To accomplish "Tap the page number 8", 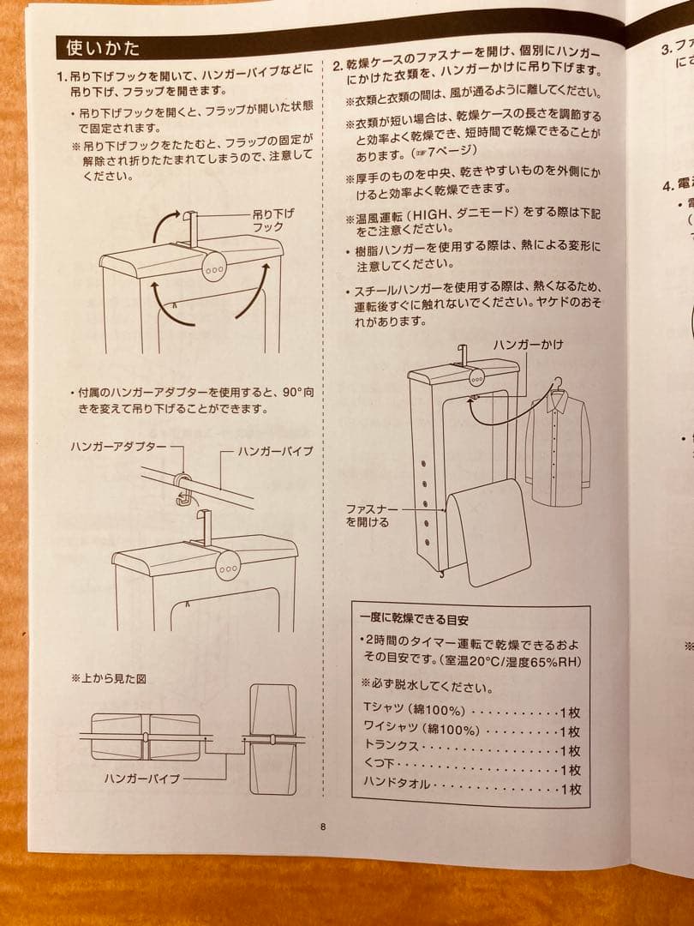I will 323,827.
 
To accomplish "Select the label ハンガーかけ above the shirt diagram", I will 529,344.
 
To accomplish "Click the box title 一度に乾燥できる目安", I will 415,619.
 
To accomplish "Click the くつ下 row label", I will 382,767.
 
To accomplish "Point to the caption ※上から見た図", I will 108,677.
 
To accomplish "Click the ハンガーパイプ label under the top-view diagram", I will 142,779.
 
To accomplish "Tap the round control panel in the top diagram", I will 215,267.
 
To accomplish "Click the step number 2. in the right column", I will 338,64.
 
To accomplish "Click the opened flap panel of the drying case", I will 489,532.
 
